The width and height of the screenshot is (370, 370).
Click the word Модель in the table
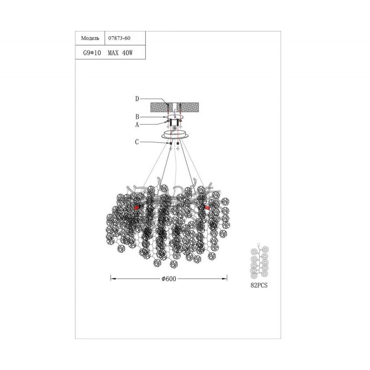[x=90, y=38]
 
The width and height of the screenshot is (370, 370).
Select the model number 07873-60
[x=119, y=38]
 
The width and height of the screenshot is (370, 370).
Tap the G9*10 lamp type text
[x=92, y=53]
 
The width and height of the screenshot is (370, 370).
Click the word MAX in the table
[x=113, y=53]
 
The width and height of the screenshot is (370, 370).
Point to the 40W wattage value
[x=128, y=53]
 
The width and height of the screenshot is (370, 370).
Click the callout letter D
[x=137, y=99]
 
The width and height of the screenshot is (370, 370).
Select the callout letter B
[x=137, y=117]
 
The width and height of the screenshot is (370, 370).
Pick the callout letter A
[x=137, y=125]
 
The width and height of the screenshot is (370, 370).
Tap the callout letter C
[x=137, y=142]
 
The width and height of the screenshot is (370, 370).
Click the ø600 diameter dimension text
[x=169, y=279]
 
